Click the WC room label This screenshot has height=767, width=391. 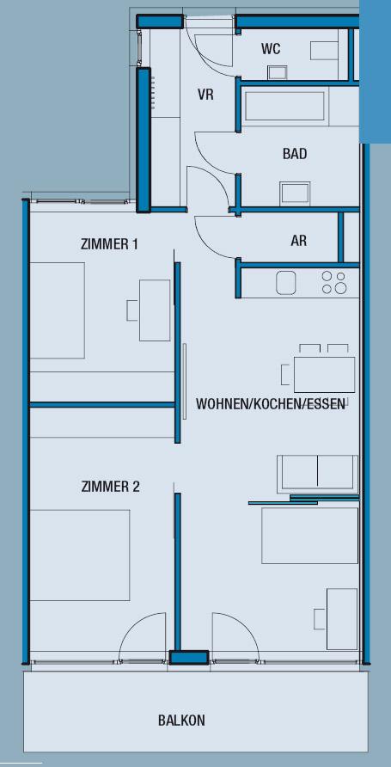point(271,49)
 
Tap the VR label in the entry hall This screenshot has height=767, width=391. point(205,95)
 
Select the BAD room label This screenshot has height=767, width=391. point(295,154)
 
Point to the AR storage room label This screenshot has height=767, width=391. point(298,240)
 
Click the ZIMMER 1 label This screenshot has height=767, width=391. point(109,244)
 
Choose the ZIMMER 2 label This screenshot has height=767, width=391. point(111,487)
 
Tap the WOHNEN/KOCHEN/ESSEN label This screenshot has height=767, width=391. point(271,404)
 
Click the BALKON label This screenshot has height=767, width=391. point(181,721)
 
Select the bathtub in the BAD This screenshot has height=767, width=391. point(285,106)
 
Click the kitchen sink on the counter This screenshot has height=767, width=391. point(287,283)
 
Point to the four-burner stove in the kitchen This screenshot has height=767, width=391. point(334,283)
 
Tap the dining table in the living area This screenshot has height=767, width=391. point(324,375)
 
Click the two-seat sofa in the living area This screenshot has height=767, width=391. point(318,474)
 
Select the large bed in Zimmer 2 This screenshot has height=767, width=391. point(80,555)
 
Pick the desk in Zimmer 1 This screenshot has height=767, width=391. point(155,310)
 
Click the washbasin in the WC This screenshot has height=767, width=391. point(278,73)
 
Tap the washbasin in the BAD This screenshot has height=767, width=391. point(295,193)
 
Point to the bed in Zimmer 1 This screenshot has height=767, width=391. point(58,310)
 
